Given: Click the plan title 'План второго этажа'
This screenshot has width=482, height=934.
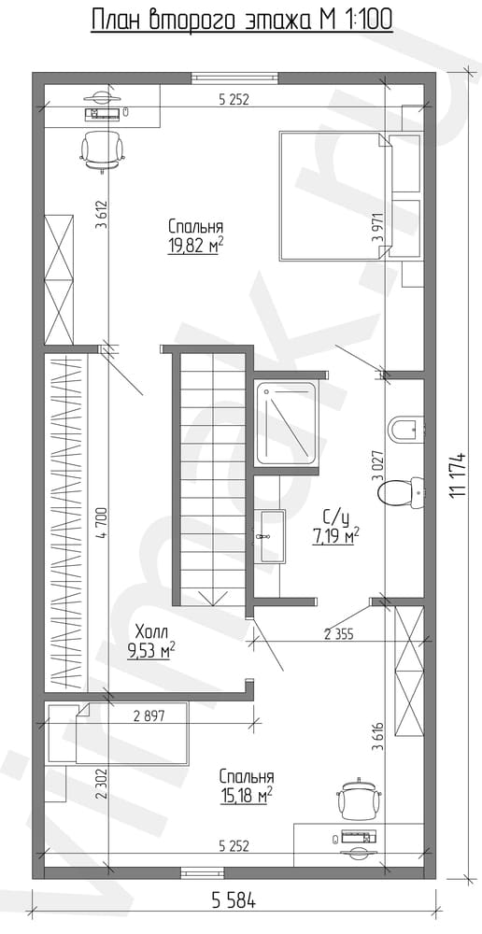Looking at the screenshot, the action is [x=203, y=20].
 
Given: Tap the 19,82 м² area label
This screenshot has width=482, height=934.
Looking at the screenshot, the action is [x=191, y=246].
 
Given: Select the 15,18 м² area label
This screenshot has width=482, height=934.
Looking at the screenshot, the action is [x=247, y=795].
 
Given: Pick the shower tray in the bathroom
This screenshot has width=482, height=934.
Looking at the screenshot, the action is [x=286, y=423].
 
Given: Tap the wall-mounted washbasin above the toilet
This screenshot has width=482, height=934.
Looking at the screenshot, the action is [x=406, y=428].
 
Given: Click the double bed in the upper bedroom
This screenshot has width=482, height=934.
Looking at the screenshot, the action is [x=334, y=196].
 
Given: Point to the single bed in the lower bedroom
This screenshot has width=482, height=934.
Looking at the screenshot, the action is [x=118, y=733].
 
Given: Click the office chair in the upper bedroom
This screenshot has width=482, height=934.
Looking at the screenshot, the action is [x=103, y=149].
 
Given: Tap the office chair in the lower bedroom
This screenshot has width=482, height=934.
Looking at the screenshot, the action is [x=359, y=800].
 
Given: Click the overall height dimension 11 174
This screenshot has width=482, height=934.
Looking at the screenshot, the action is [x=458, y=474].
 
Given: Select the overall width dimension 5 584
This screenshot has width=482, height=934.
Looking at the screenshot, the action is [x=234, y=902].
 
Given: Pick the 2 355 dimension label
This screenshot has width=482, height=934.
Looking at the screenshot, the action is [x=339, y=634].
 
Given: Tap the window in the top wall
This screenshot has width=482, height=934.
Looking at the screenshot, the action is [x=234, y=78].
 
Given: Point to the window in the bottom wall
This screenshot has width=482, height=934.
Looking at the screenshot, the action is [x=203, y=872].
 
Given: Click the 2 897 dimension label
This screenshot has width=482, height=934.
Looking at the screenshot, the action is [x=149, y=717].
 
